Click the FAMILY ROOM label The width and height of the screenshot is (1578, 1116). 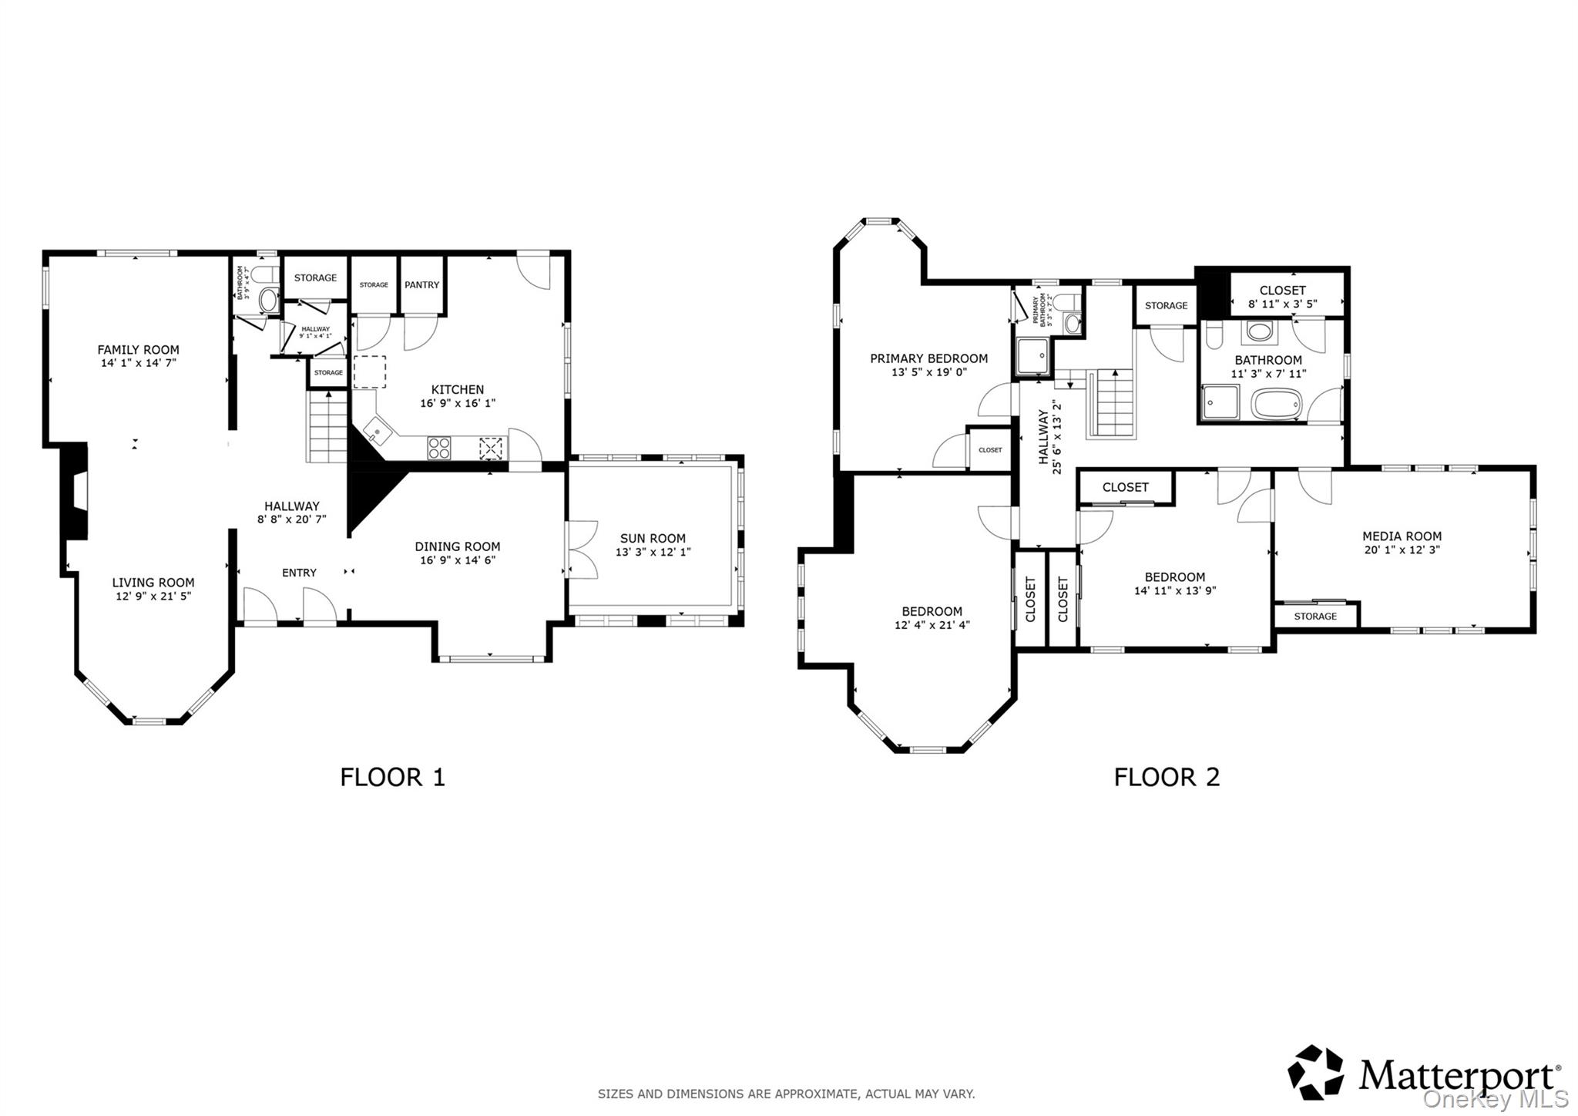(x=138, y=350)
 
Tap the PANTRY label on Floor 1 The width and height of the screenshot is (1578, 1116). (x=421, y=285)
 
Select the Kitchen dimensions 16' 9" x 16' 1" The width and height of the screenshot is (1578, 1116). (x=458, y=404)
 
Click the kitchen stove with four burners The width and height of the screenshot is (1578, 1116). (x=439, y=449)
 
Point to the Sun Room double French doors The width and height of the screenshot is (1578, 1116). (x=583, y=550)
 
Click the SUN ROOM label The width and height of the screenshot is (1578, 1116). (x=653, y=539)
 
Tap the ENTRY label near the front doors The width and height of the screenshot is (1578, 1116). (x=299, y=573)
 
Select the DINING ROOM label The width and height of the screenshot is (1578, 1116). (x=458, y=546)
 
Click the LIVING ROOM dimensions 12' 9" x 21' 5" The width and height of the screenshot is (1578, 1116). (x=153, y=597)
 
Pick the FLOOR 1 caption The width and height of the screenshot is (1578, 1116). (x=392, y=777)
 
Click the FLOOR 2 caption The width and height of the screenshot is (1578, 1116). (x=1167, y=777)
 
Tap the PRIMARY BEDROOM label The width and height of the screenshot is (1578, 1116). (x=928, y=358)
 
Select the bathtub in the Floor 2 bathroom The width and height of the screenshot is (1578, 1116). (x=1276, y=404)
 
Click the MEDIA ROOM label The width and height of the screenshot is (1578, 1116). (x=1402, y=536)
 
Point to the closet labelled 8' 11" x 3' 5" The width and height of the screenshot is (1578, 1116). (x=1282, y=297)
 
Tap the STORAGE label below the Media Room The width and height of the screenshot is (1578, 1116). (x=1315, y=617)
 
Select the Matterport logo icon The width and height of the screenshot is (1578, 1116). (x=1315, y=1072)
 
